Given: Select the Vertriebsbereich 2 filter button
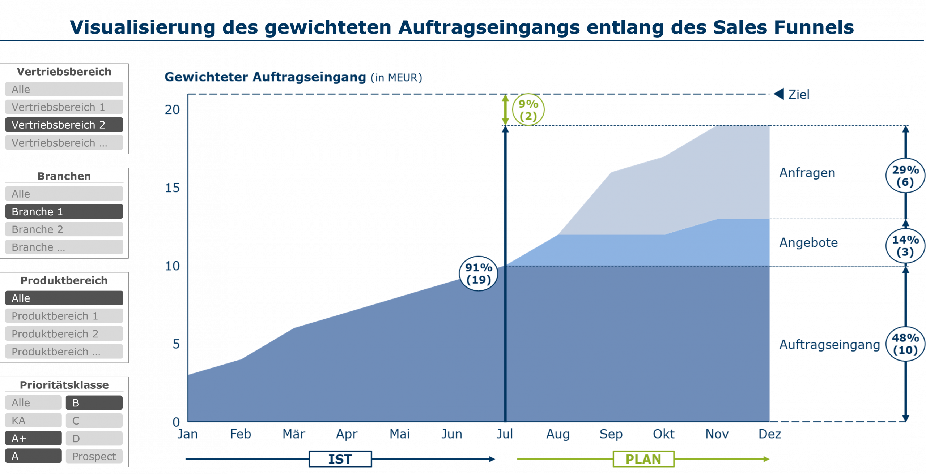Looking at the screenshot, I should coord(64,125).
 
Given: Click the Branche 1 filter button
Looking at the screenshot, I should coord(64,211).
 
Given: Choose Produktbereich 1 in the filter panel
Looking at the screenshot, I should coord(64,316).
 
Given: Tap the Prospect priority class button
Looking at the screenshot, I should coord(94,456).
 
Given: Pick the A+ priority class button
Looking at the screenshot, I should coord(33,438).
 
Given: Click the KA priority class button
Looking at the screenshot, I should coord(33,421).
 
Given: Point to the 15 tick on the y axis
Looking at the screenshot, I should coord(172,188).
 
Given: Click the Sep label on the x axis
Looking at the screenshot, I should coord(611,434).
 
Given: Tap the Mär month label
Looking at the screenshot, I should coord(294,434).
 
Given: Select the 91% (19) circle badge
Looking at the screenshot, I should coord(479,273).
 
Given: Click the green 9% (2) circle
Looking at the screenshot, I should coord(528,110).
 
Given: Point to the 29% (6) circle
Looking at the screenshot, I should coord(905,176).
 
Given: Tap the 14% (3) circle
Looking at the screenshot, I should coord(905,246).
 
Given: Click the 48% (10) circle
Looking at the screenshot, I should coord(905,344).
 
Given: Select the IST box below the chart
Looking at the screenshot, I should coord(340,459).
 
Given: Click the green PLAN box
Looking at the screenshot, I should coord(643,459).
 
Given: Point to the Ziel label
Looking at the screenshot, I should coord(799,95).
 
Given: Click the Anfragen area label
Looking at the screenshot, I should coord(807,173).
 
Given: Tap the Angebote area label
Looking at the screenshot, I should coord(808,243).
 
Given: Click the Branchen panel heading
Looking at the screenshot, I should coord(64,176).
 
